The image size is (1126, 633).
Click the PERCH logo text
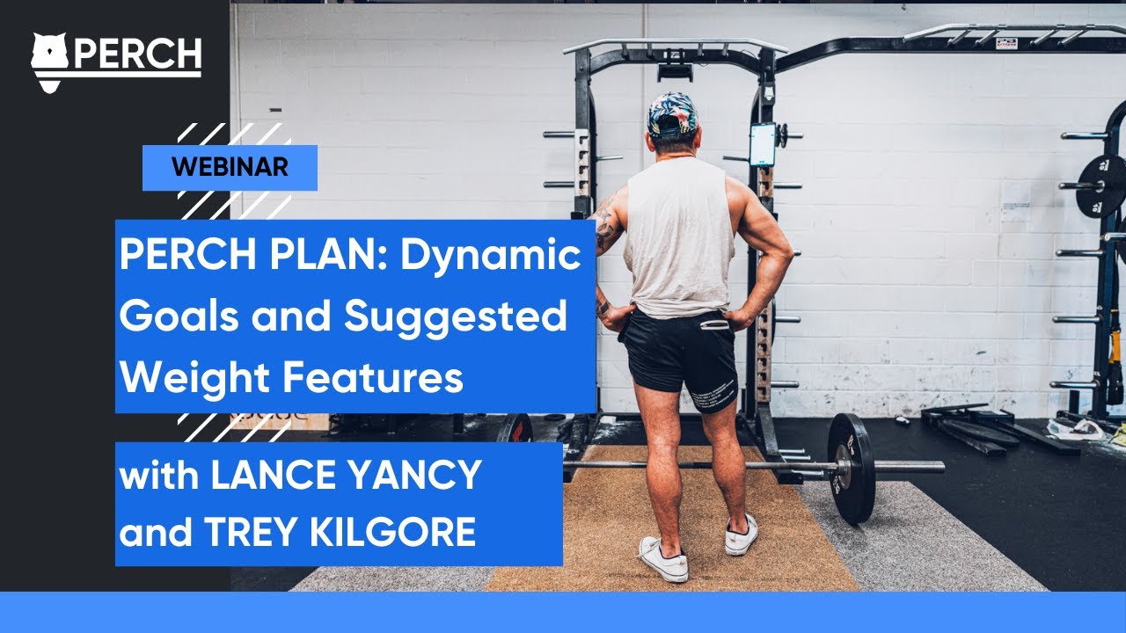(136, 55)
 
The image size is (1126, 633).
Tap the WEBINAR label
(230, 167)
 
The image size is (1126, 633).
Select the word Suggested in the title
(456, 316)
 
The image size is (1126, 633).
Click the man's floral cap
(672, 114)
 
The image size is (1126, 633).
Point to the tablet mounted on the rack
(763, 144)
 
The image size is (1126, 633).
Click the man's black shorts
(678, 352)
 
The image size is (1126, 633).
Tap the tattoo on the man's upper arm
(606, 224)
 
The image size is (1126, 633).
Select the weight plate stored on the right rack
(1100, 186)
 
